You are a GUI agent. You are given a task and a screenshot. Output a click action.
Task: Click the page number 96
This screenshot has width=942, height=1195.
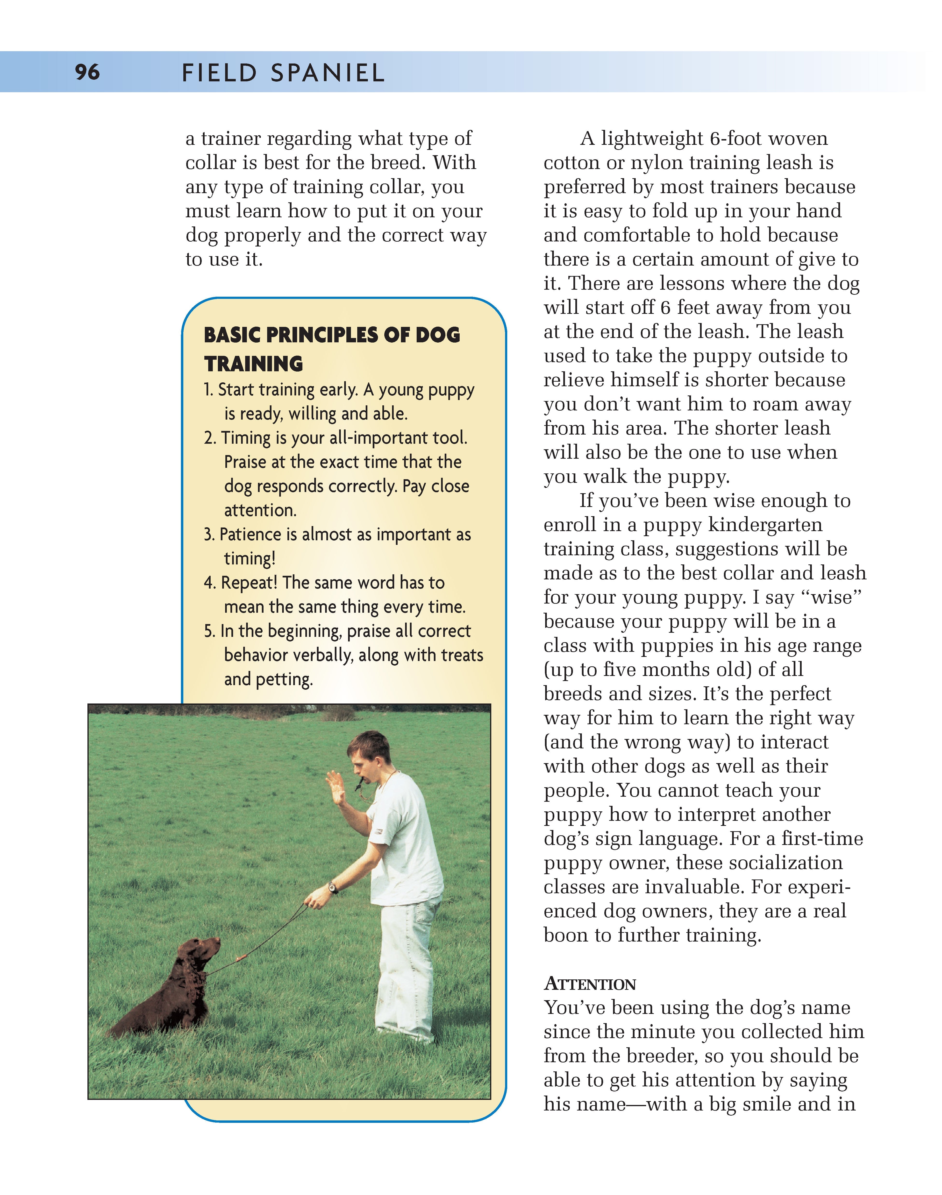tap(87, 72)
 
